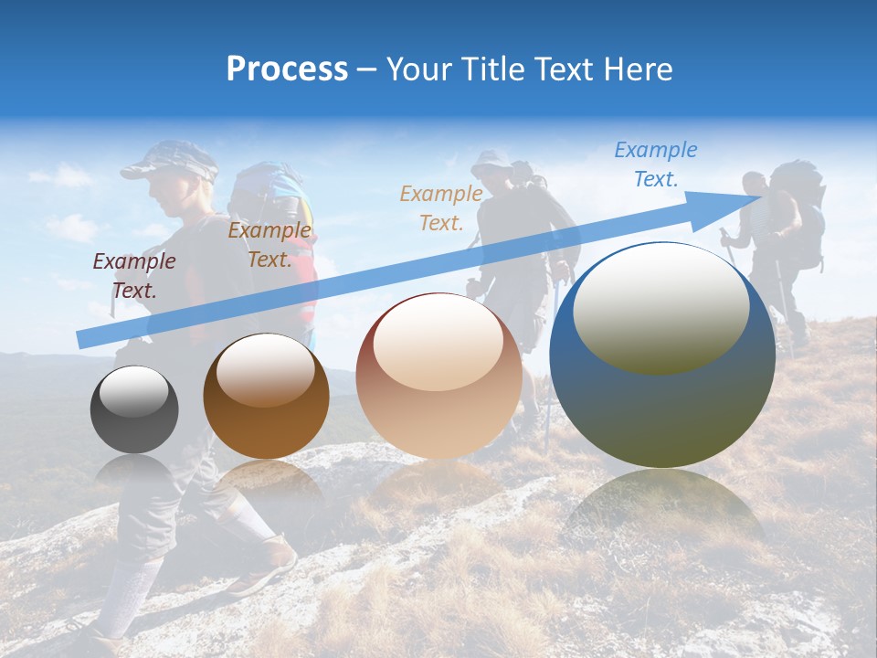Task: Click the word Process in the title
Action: click(287, 69)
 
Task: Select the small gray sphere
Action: click(134, 409)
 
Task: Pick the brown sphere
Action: click(266, 396)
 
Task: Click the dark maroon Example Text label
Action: click(134, 276)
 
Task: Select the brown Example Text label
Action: click(269, 245)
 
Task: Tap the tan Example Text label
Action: click(441, 207)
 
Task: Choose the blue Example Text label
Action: click(656, 164)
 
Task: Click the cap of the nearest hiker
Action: click(169, 161)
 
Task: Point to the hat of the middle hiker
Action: click(491, 159)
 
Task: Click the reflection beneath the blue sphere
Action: click(665, 512)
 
